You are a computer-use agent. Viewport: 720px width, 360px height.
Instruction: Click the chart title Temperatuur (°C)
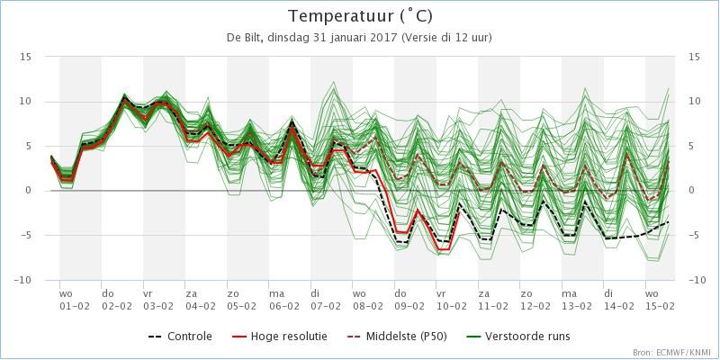point(361,16)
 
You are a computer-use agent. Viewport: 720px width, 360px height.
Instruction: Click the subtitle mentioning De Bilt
point(359,38)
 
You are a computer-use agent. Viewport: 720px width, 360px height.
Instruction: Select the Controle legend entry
point(180,337)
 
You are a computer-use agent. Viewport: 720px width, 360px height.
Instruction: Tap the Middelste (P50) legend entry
point(397,337)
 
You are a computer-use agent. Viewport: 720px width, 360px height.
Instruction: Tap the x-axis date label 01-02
point(75,305)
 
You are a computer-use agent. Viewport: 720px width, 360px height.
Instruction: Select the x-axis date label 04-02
point(200,305)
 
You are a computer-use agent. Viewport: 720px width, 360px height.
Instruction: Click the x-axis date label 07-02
point(326,305)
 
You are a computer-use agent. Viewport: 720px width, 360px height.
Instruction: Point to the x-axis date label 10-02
point(452,305)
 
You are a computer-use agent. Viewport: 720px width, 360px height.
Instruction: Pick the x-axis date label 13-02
point(577,305)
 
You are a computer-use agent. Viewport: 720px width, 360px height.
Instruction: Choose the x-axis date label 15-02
point(661,305)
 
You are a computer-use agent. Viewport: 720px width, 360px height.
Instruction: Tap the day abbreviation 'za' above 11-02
point(483,293)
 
